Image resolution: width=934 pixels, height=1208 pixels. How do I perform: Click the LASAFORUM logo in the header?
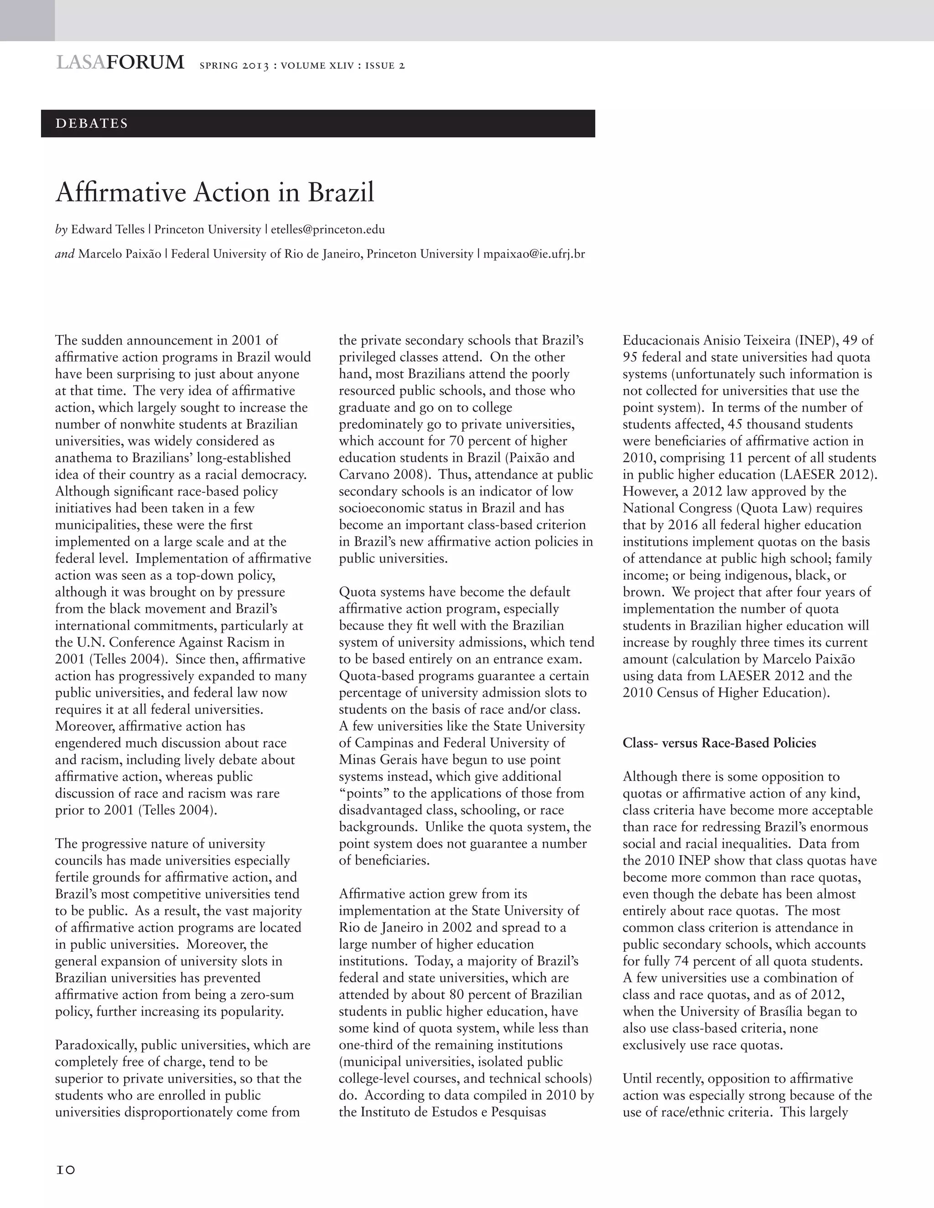[x=119, y=62]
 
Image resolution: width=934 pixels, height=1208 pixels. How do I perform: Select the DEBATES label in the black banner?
[x=92, y=124]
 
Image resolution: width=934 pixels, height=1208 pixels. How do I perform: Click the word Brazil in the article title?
[x=341, y=192]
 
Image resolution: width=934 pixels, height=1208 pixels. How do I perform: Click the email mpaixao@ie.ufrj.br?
[x=534, y=254]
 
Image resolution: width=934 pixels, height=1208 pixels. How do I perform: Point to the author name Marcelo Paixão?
[x=119, y=254]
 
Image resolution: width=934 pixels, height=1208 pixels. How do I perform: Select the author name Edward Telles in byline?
[x=107, y=230]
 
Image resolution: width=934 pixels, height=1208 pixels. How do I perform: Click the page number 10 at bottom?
[x=65, y=1170]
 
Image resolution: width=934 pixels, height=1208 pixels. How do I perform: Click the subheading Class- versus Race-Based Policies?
[x=719, y=743]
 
